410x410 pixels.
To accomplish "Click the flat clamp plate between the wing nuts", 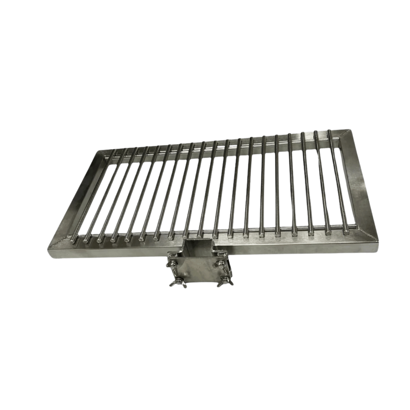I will click(197, 271).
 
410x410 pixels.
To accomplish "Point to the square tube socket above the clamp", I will click(199, 247).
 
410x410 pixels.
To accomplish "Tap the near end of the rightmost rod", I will click(346, 232).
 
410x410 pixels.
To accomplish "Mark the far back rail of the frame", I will click(220, 143).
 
